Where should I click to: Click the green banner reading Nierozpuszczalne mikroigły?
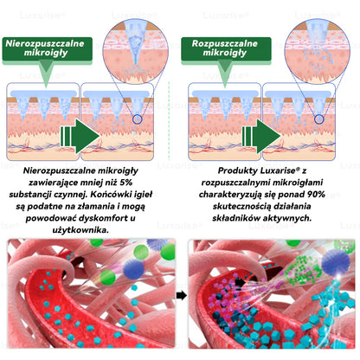point(48,48)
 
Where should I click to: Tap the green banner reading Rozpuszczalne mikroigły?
point(226,48)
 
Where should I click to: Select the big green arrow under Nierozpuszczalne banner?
point(80,136)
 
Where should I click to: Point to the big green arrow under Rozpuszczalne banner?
point(261,136)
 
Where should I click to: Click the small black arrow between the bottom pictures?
point(182,296)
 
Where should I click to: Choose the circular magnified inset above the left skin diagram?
point(136,51)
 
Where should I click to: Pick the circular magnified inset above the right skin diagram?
point(318,51)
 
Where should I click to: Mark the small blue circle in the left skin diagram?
point(138,119)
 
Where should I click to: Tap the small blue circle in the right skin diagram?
point(318,119)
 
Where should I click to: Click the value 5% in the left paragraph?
point(126,183)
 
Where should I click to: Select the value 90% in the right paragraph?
point(316,195)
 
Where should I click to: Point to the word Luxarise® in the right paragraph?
point(280,170)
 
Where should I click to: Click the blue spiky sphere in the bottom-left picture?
point(133,269)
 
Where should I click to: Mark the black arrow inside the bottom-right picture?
point(240,282)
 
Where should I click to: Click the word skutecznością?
point(241,207)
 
